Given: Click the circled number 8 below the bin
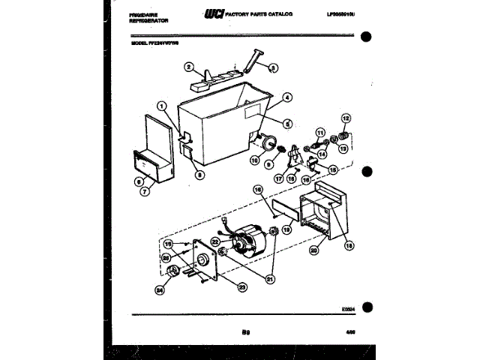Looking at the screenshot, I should [x=199, y=175].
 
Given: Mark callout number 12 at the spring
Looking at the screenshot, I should [x=346, y=118].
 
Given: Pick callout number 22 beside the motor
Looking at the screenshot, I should [x=214, y=242].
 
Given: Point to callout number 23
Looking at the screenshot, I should [x=242, y=285].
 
